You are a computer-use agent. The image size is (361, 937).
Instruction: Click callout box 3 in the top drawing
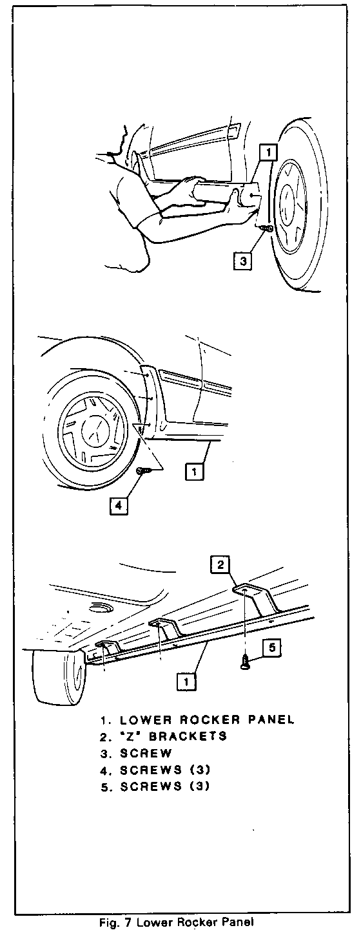click(x=243, y=261)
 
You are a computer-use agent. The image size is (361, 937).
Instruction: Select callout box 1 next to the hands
click(x=268, y=152)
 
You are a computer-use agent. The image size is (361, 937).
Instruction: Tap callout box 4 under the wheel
click(x=119, y=505)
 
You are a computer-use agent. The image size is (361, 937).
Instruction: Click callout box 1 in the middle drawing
click(x=194, y=472)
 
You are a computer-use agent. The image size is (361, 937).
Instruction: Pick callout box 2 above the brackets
click(x=220, y=565)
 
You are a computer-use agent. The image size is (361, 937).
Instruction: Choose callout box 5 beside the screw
click(x=272, y=647)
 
